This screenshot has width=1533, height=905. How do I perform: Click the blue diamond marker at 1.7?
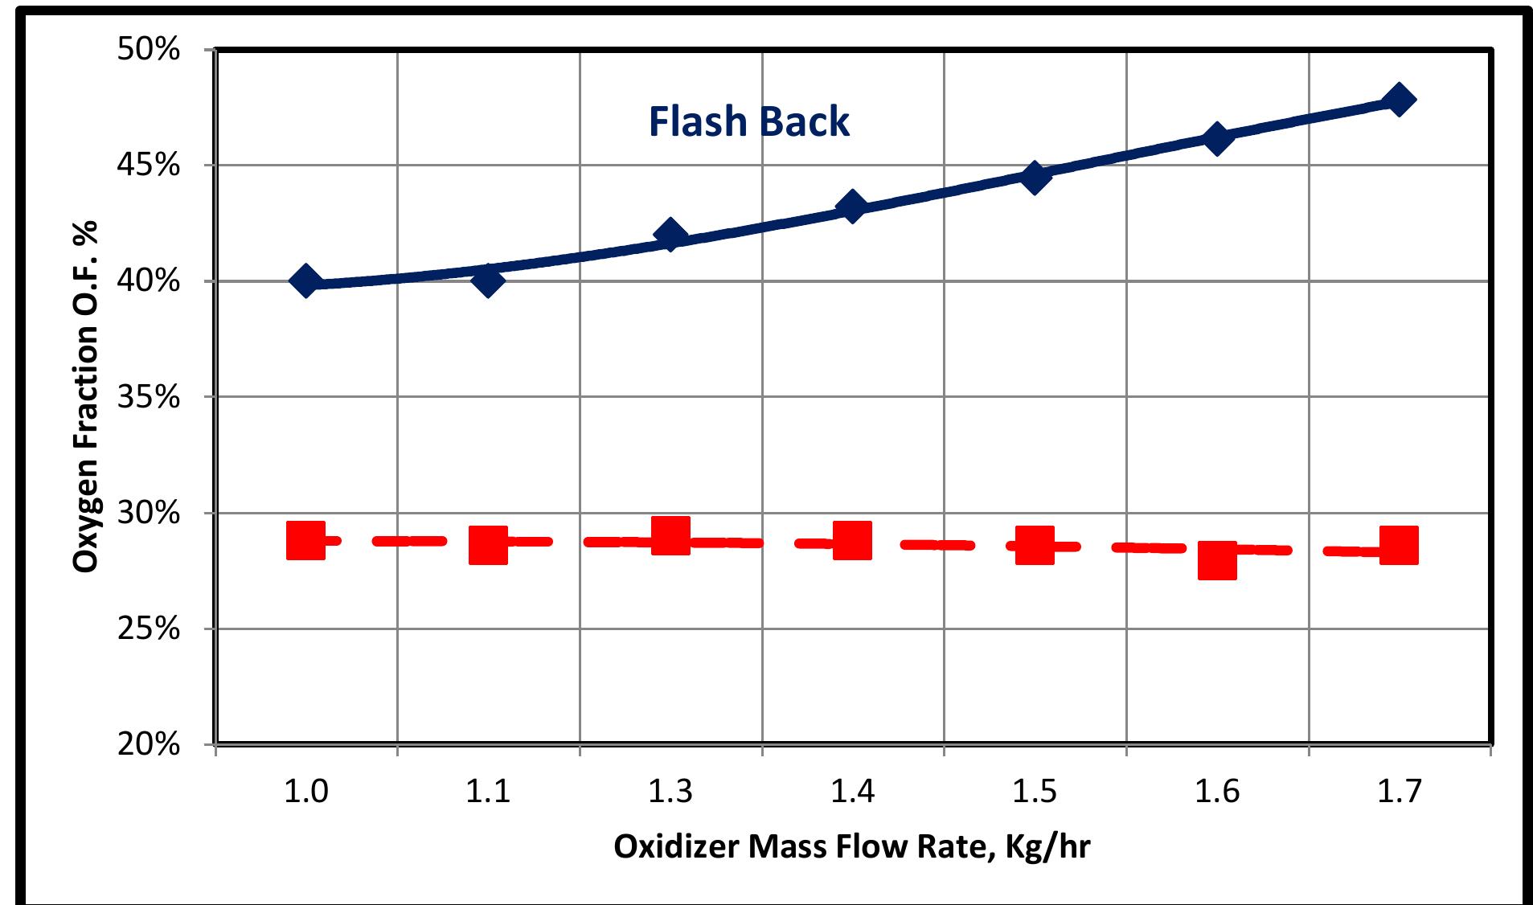tap(1398, 100)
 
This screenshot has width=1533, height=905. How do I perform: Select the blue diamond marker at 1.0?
tap(305, 281)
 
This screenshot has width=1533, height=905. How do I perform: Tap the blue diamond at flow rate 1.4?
tap(852, 208)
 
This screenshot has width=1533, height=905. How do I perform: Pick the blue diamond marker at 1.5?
tap(1035, 178)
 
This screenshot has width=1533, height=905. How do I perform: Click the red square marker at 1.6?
tap(1217, 560)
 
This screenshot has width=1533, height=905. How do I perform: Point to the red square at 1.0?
tap(305, 540)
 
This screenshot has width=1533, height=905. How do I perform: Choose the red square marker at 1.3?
tap(670, 535)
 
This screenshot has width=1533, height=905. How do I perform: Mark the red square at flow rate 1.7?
tap(1399, 546)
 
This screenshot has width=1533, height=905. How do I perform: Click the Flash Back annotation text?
tap(748, 122)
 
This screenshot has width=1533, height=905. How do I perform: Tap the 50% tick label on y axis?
tap(148, 50)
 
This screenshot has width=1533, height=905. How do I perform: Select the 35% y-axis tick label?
tap(148, 397)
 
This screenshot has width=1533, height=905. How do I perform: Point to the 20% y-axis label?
tap(148, 744)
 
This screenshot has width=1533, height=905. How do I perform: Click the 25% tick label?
tap(148, 629)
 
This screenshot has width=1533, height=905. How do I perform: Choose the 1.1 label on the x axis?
tap(488, 792)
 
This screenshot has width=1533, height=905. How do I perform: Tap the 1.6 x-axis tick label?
tap(1217, 792)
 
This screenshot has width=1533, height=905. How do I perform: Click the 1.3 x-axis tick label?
tap(670, 792)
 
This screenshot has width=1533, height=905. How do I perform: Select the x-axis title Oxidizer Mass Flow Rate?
tap(852, 847)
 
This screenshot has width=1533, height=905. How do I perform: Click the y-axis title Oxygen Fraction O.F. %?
tap(85, 395)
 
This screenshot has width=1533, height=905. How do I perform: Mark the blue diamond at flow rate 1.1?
tap(488, 281)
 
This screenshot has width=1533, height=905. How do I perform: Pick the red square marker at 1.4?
tap(852, 540)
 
